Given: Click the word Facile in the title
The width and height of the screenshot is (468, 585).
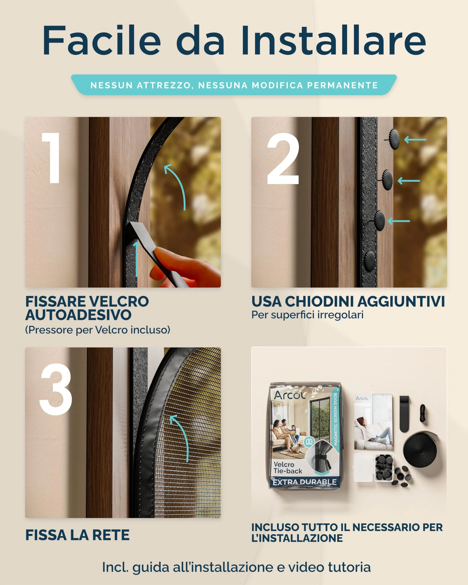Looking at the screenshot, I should (102, 41).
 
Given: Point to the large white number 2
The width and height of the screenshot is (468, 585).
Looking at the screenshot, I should (283, 159).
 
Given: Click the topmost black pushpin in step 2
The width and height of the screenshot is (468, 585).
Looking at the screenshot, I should (394, 139).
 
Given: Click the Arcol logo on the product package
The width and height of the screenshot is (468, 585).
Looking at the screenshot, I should (289, 395).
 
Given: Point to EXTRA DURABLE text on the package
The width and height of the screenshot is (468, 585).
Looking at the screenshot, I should (305, 482).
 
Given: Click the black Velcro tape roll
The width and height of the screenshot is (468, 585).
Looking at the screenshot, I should (420, 449).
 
